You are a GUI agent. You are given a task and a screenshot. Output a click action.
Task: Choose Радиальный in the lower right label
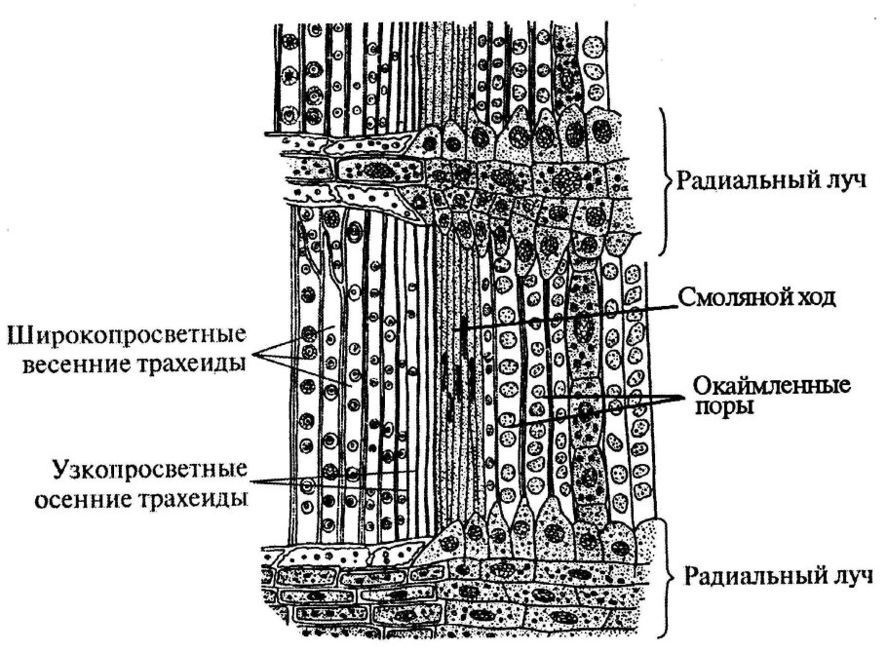[x=736, y=573]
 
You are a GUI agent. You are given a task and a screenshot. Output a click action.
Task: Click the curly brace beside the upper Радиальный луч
[x=666, y=179]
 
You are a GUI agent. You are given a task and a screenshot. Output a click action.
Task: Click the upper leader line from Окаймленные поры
[x=604, y=398]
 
